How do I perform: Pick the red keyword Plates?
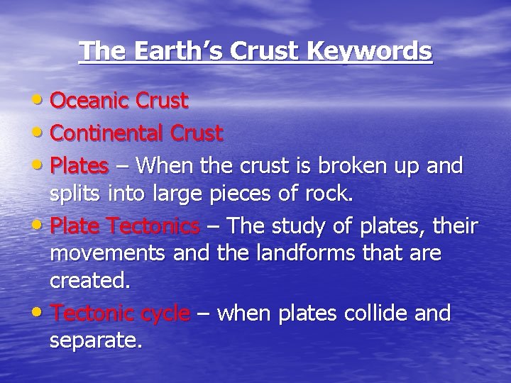point(79,165)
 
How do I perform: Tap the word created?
point(90,280)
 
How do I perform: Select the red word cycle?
point(165,313)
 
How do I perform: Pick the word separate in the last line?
point(95,341)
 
